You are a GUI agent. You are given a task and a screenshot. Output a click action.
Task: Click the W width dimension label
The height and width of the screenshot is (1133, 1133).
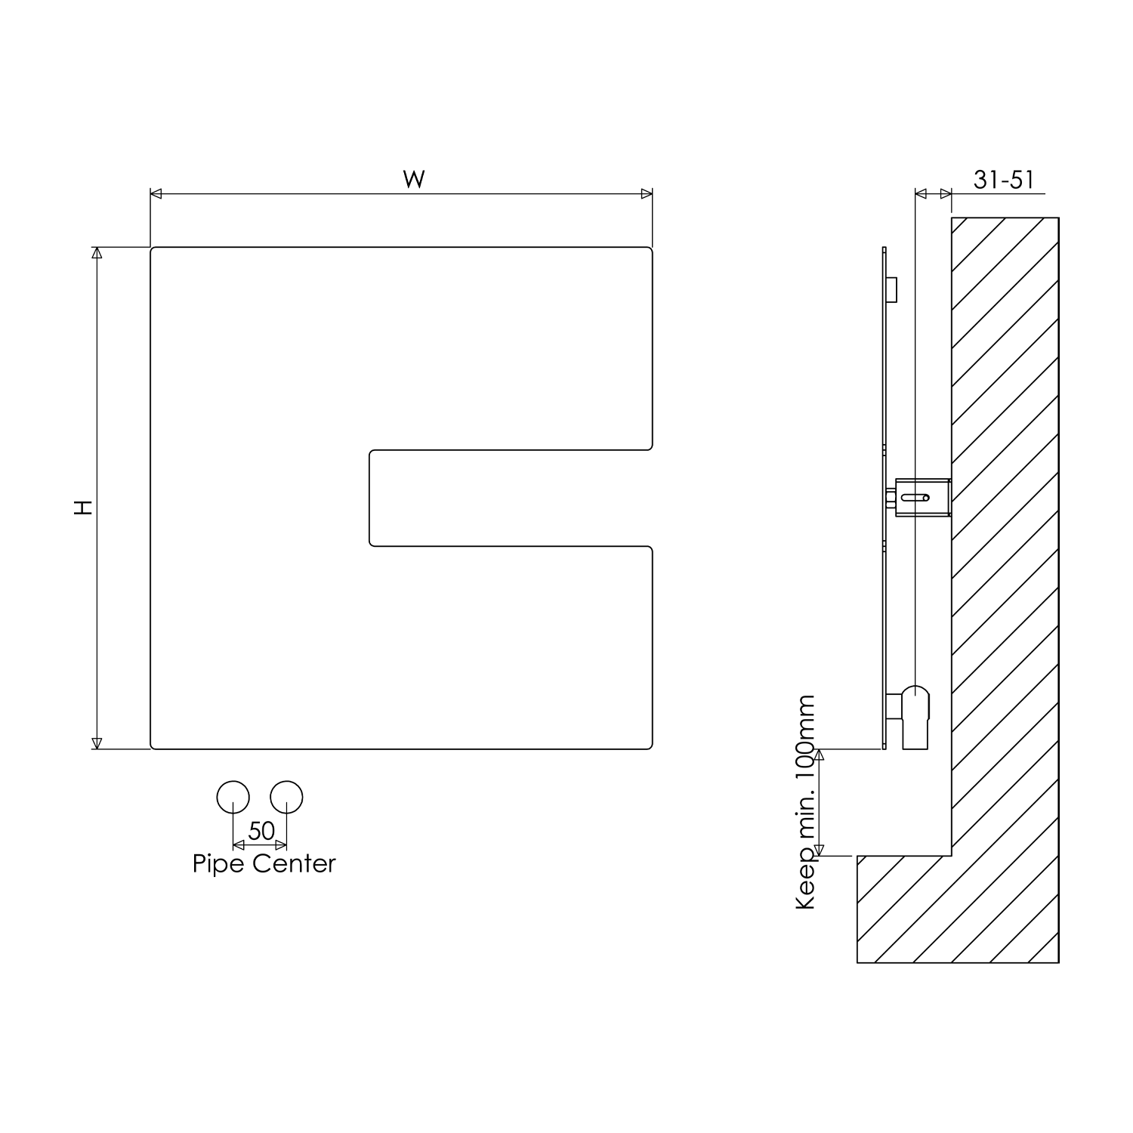click(413, 179)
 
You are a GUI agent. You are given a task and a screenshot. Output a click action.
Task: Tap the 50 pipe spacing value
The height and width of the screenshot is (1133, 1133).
click(261, 831)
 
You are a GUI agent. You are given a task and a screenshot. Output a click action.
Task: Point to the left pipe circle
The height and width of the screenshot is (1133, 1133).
click(233, 797)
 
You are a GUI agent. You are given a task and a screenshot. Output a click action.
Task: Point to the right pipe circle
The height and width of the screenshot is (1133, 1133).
click(287, 797)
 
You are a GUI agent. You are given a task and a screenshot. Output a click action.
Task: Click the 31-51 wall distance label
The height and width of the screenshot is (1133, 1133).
click(1003, 180)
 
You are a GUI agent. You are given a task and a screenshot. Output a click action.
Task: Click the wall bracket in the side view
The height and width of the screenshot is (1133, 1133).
click(922, 498)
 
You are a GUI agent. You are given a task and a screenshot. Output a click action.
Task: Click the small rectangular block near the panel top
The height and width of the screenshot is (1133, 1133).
click(891, 289)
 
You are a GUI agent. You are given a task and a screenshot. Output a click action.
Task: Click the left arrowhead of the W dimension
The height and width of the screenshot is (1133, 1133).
click(156, 194)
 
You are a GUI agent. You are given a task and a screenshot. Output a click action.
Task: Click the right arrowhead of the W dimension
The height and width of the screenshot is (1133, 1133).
click(647, 194)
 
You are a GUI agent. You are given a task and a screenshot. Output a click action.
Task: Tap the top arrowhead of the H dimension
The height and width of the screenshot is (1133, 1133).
click(96, 253)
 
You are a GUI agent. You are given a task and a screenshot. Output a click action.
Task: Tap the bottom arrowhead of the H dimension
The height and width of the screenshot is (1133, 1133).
click(96, 743)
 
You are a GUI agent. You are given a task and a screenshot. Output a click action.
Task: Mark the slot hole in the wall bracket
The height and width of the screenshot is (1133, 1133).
click(915, 498)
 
